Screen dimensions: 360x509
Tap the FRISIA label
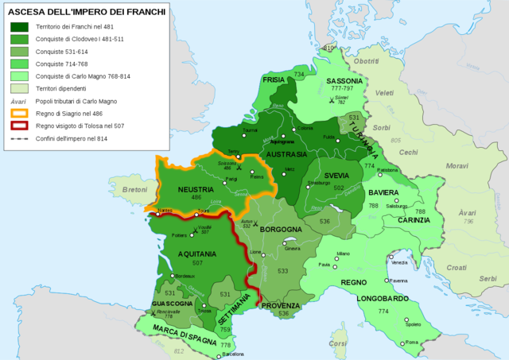pyautogui.click(x=275, y=80)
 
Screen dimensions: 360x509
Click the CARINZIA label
pyautogui.click(x=414, y=220)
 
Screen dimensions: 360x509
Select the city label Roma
pyautogui.click(x=411, y=343)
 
